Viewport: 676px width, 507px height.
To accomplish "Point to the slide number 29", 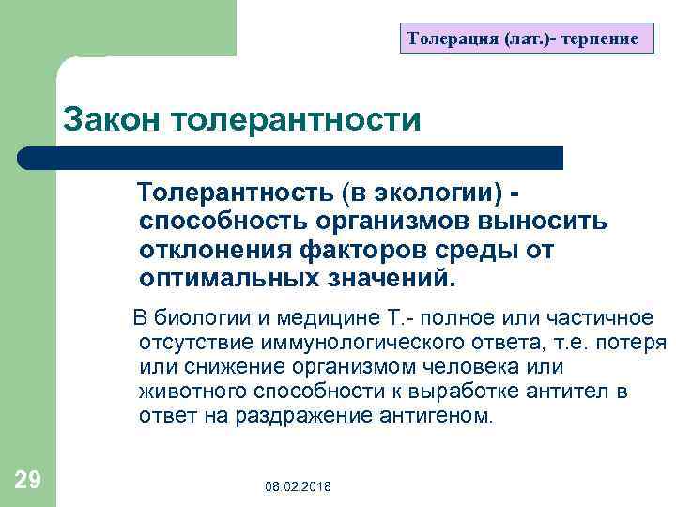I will [x=28, y=481].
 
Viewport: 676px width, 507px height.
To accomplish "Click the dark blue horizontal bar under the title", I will [x=291, y=158].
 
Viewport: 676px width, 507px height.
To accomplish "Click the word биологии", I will [x=203, y=316].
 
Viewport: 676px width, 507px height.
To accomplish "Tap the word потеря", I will [x=634, y=342].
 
